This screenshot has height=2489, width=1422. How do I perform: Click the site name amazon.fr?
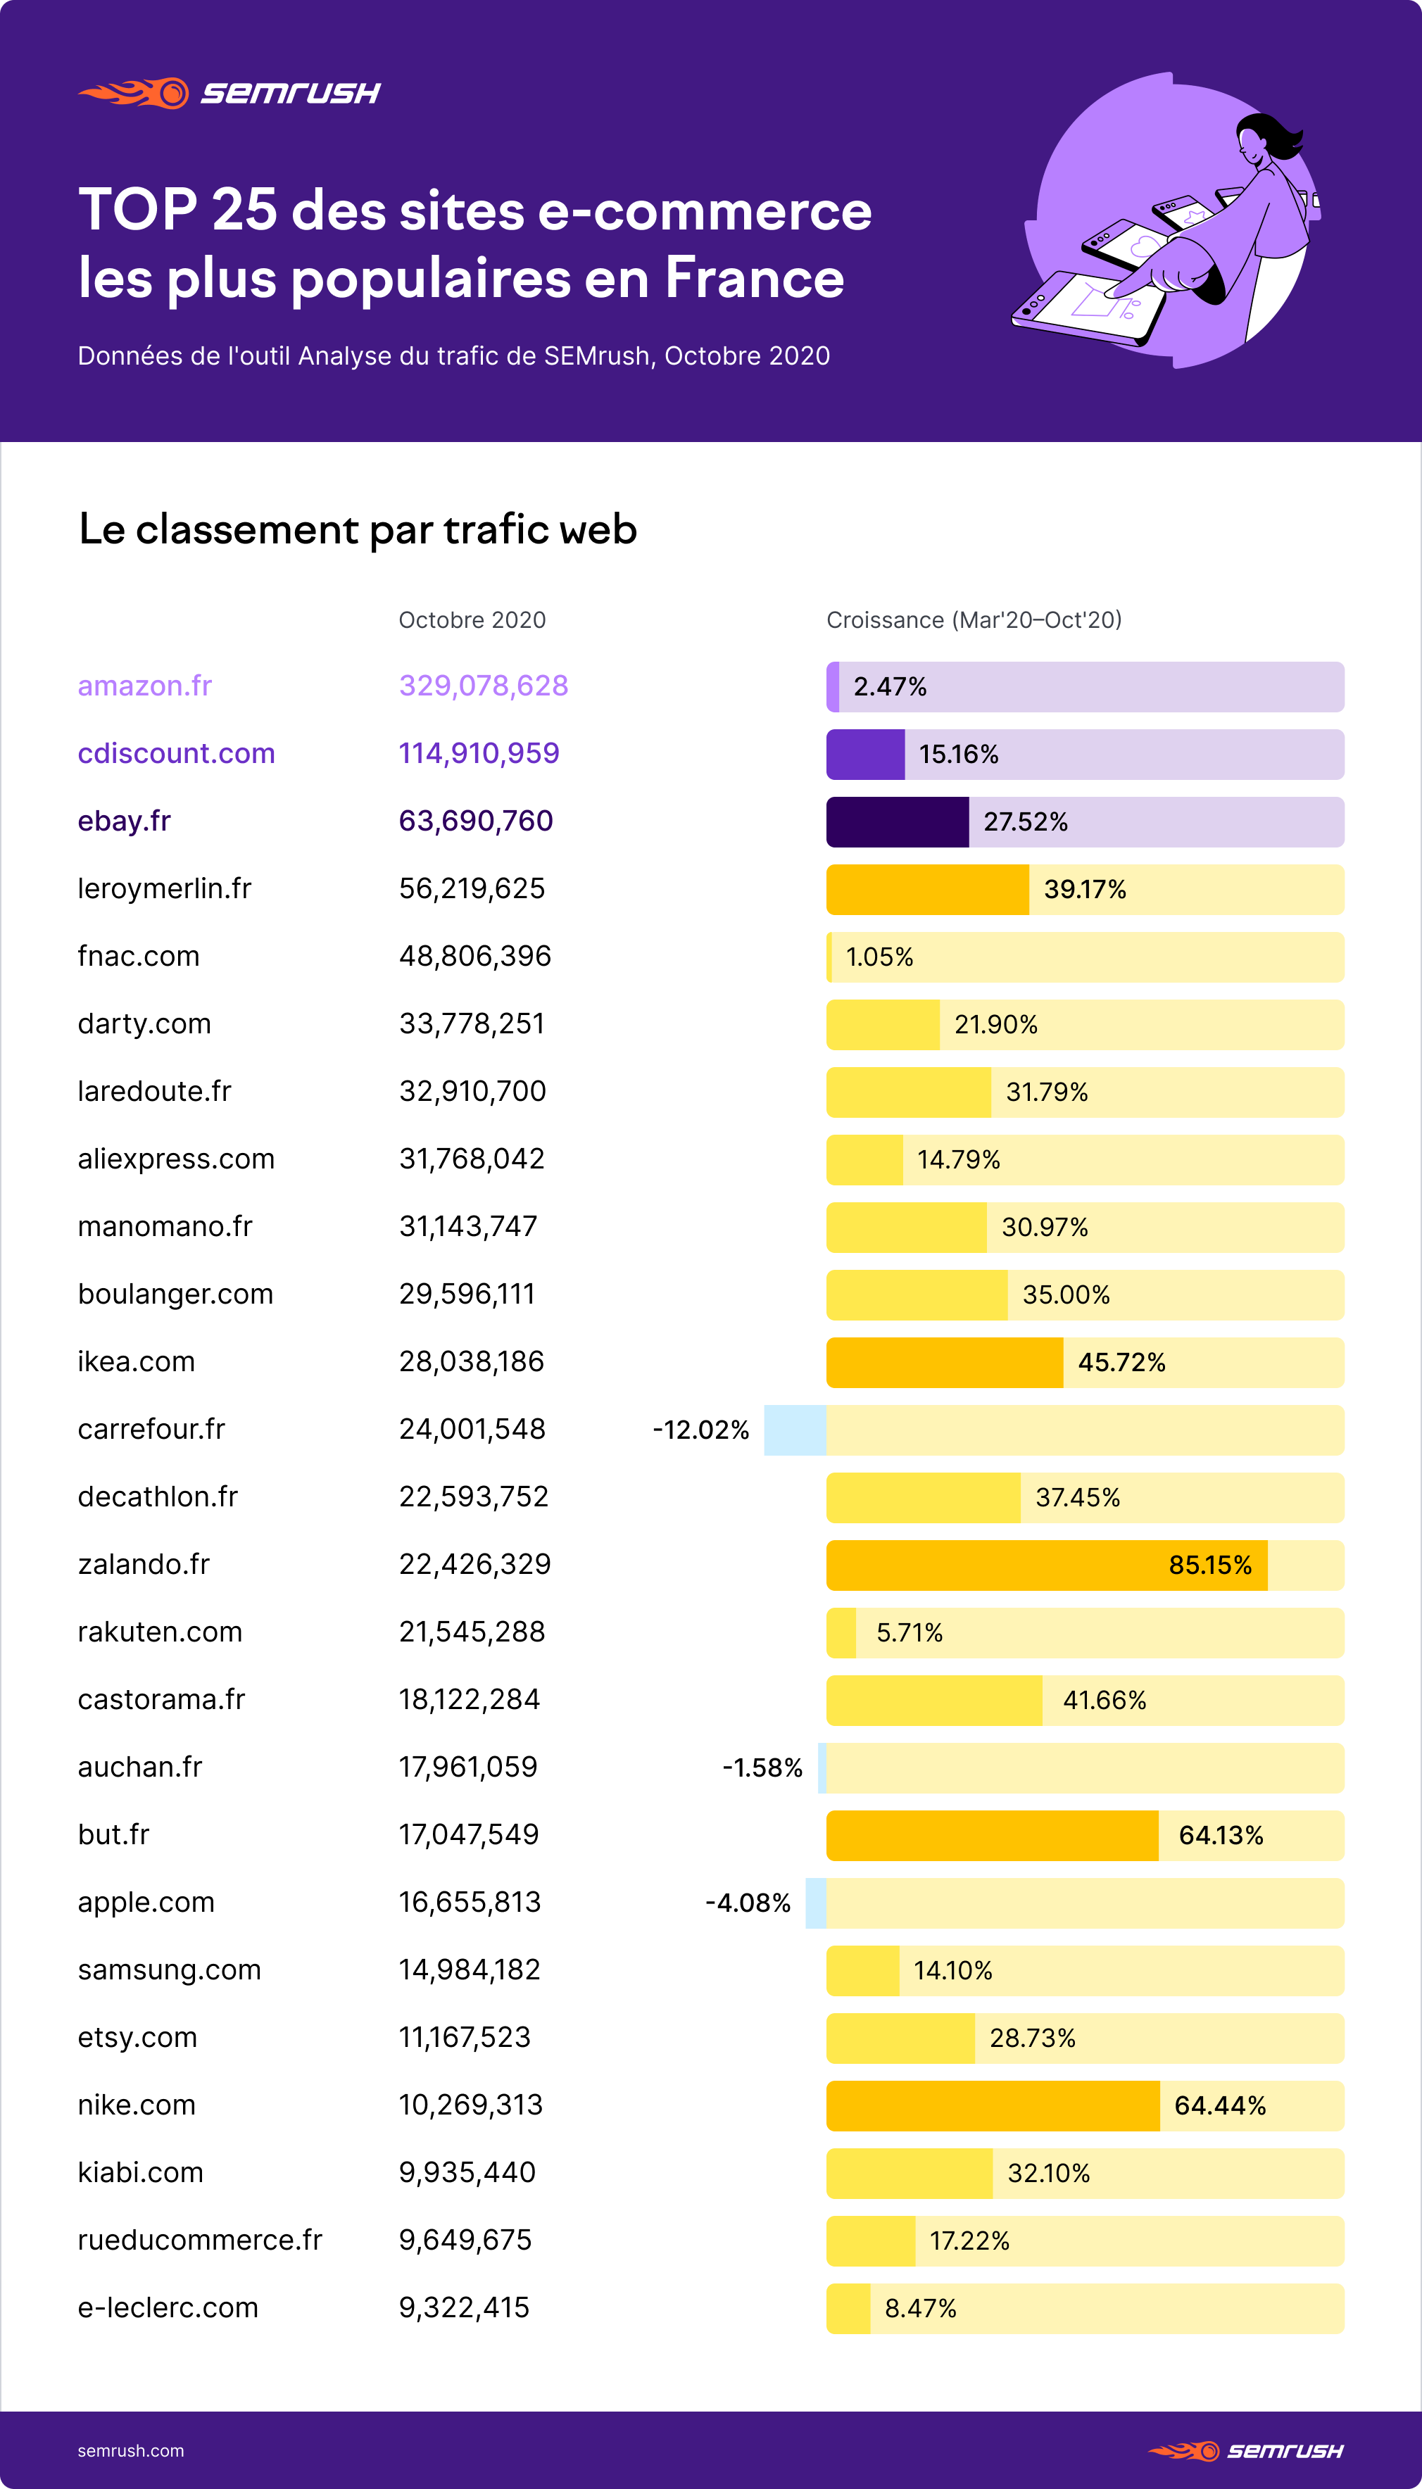(x=144, y=686)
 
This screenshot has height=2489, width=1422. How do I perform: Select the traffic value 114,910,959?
(x=479, y=753)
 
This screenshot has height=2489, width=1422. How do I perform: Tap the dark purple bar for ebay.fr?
(x=897, y=821)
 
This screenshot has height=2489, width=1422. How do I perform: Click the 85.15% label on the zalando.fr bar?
(x=1209, y=1565)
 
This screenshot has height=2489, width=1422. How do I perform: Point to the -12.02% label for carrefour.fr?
(x=700, y=1430)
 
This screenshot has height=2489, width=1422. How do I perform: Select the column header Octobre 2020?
(x=472, y=620)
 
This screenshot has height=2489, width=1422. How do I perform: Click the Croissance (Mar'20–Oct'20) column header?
(x=973, y=620)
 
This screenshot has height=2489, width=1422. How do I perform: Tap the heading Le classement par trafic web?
(x=358, y=529)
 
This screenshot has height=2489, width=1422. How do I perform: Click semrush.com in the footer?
(x=131, y=2450)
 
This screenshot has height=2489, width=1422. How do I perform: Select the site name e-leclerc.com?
(x=168, y=2307)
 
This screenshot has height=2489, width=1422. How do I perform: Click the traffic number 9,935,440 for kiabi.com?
(x=467, y=2173)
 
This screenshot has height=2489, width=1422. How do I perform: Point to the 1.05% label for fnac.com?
(x=879, y=957)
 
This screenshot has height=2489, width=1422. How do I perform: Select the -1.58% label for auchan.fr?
(x=762, y=1767)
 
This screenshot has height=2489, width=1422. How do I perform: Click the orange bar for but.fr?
(x=991, y=1835)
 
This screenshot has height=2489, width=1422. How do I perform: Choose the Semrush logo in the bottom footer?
(x=1245, y=2450)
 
